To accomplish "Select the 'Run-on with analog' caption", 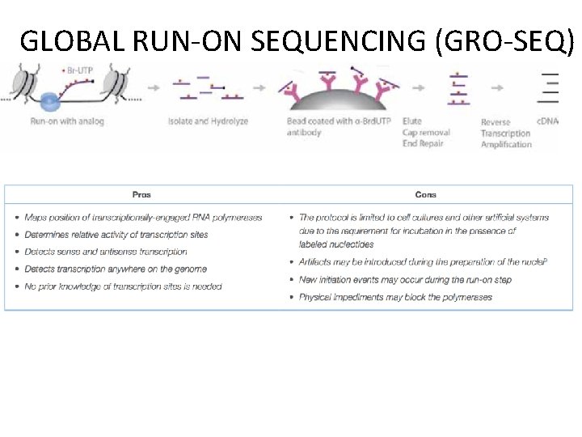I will click(x=67, y=122).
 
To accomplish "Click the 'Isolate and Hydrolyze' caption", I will click(x=208, y=122).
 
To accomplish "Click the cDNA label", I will click(x=543, y=122).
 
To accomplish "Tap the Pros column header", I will click(x=141, y=194).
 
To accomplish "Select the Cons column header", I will click(x=425, y=194).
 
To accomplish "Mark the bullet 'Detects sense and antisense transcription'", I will click(x=106, y=252).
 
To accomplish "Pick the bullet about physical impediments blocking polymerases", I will click(x=395, y=297).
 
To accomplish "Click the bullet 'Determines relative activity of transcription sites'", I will click(x=116, y=235).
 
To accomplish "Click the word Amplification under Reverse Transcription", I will click(x=506, y=144).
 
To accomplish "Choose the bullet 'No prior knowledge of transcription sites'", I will click(x=123, y=286).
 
